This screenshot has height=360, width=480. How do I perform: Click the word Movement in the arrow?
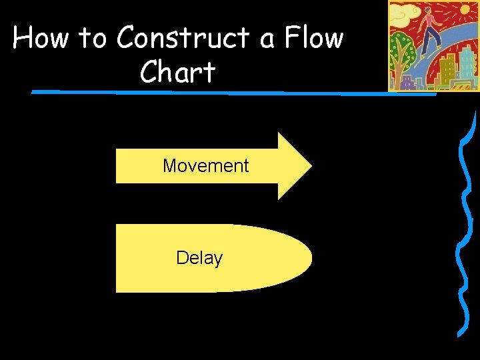(x=205, y=166)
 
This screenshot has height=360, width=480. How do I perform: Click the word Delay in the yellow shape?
(x=199, y=258)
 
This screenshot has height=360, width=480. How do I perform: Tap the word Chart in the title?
(x=177, y=72)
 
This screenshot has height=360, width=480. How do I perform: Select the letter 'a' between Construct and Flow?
(x=267, y=40)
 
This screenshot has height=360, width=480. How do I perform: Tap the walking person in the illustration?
(x=431, y=30)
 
